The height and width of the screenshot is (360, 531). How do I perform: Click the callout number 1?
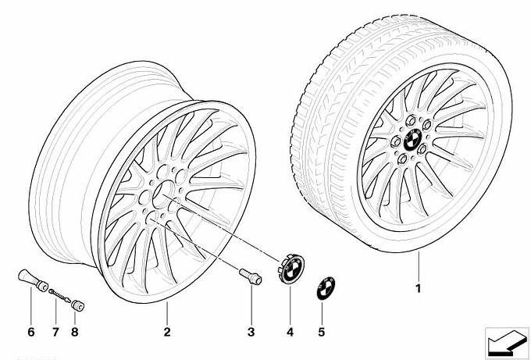pyautogui.click(x=419, y=288)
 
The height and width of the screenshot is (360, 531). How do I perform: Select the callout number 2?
pyautogui.click(x=167, y=332)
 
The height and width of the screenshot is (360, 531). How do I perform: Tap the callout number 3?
pyautogui.click(x=251, y=332)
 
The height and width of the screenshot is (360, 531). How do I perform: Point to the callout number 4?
pyautogui.click(x=290, y=332)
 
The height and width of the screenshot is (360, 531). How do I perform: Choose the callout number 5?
pyautogui.click(x=322, y=332)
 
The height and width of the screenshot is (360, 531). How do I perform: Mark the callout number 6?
pyautogui.click(x=30, y=332)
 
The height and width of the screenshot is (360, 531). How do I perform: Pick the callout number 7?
pyautogui.click(x=55, y=332)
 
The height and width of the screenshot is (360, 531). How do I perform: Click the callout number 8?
pyautogui.click(x=75, y=332)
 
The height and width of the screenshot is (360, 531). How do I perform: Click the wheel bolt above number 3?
pyautogui.click(x=251, y=276)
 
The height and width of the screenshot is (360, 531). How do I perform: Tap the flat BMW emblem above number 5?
pyautogui.click(x=326, y=288)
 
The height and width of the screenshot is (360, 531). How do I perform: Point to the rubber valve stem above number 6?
pyautogui.click(x=33, y=280)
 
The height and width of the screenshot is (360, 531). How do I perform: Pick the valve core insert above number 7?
pyautogui.click(x=59, y=295)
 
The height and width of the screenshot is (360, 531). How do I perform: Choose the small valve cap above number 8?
pyautogui.click(x=77, y=305)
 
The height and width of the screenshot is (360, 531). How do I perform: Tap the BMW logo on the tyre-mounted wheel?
pyautogui.click(x=412, y=140)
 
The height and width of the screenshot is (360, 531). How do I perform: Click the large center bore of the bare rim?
pyautogui.click(x=163, y=196)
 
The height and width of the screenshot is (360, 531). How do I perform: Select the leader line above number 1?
pyautogui.click(x=419, y=266)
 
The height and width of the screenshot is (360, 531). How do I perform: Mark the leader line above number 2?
pyautogui.click(x=167, y=312)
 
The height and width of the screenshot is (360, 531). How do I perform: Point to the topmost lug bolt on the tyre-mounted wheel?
pyautogui.click(x=411, y=119)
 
